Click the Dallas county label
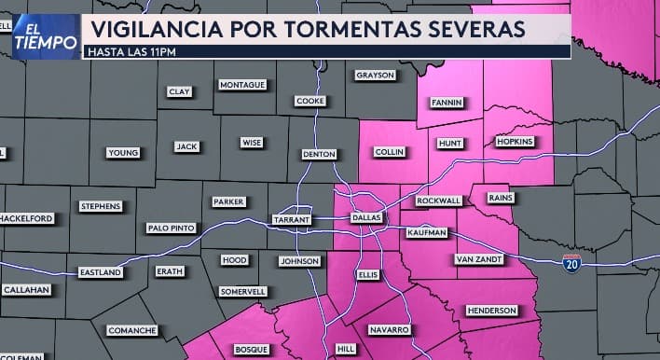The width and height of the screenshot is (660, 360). coord(366,217)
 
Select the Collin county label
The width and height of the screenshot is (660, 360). coord(388,151)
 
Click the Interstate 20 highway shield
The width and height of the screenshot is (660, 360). coord(571,264)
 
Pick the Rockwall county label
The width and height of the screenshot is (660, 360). coord(438,201)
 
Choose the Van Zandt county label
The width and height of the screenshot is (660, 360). coord(478,258)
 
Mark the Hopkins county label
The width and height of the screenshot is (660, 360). coord(514,141)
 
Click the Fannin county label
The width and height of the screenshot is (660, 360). coord(447,103)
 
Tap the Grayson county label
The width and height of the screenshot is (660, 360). coord(376,75)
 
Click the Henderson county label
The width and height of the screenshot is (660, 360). coord(491,310)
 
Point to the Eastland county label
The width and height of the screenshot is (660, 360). coord(100,272)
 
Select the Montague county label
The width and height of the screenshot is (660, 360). coord(242,85)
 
